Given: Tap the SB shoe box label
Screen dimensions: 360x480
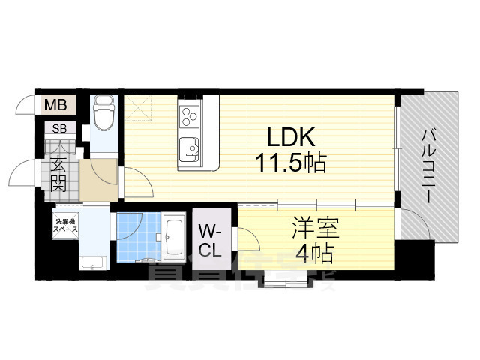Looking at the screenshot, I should (58, 129).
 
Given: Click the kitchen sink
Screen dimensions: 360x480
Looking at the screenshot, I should (189, 147).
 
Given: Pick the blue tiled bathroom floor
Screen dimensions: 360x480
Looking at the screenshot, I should (138, 235).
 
